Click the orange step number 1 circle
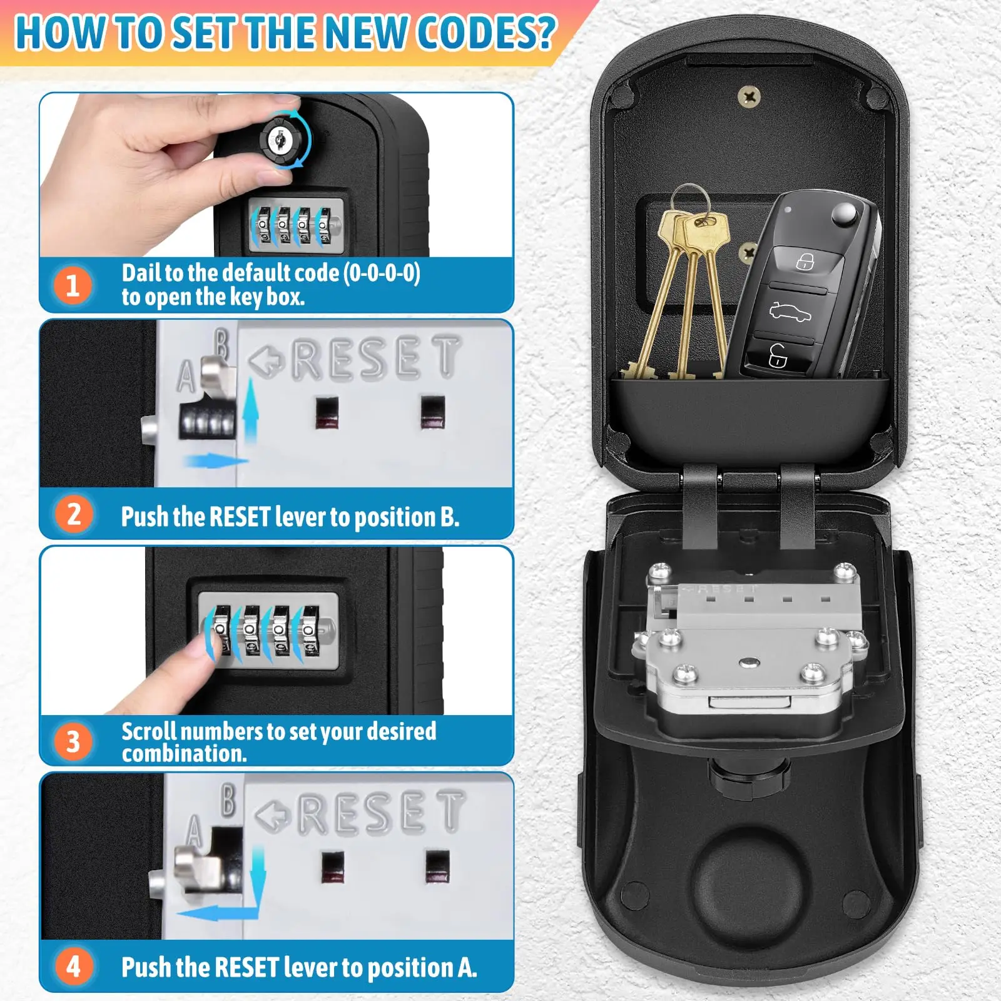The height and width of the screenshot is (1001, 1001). (x=73, y=285)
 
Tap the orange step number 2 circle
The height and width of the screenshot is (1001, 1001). (x=74, y=514)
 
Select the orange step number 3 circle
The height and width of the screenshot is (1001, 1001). (x=73, y=741)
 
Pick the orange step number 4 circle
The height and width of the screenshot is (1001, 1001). (x=74, y=966)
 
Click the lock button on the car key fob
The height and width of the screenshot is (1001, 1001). (x=805, y=261)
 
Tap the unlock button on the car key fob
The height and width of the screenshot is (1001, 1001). (x=778, y=357)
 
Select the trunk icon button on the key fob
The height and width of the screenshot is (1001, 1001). (x=790, y=311)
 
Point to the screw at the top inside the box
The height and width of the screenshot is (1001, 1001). (x=749, y=96)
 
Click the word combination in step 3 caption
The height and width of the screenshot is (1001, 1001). (x=184, y=754)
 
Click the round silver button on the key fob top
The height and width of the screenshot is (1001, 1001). (x=845, y=215)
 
